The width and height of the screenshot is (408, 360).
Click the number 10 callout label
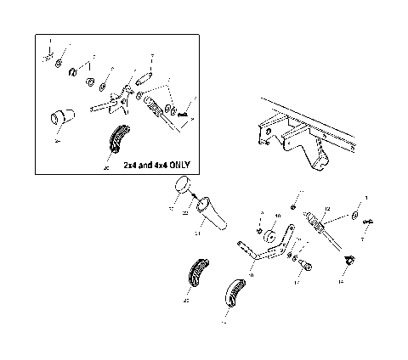point(277,217)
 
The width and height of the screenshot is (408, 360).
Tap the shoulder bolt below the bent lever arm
point(307,266)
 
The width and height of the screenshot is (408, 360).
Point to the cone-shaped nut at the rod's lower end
point(346,258)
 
